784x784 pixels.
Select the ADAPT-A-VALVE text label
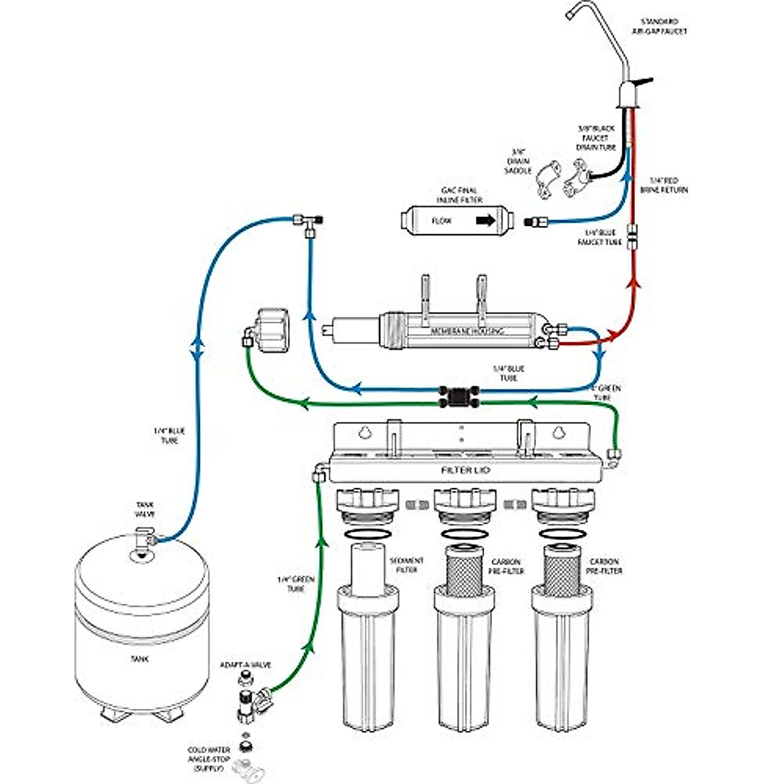point(245,665)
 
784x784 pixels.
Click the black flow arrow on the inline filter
point(485,221)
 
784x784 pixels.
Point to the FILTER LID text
point(465,470)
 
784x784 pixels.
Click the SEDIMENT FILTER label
point(406,566)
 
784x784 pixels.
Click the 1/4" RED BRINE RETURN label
point(668,185)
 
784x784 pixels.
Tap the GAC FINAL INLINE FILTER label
point(461,195)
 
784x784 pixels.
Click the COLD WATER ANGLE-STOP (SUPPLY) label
point(209,760)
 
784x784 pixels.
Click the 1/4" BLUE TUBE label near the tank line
point(169,436)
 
